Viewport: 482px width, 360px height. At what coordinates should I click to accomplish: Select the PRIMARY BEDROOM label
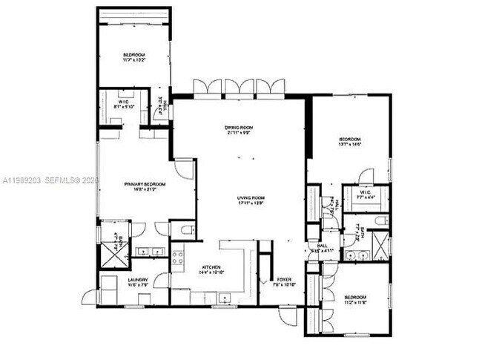[134, 184]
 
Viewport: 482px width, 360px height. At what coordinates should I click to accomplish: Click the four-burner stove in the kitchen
[178, 258]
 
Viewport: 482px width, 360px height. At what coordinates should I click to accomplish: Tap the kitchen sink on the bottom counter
[222, 298]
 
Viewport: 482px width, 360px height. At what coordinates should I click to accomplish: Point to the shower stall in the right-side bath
[380, 244]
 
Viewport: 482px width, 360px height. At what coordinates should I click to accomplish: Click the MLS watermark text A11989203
[22, 180]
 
